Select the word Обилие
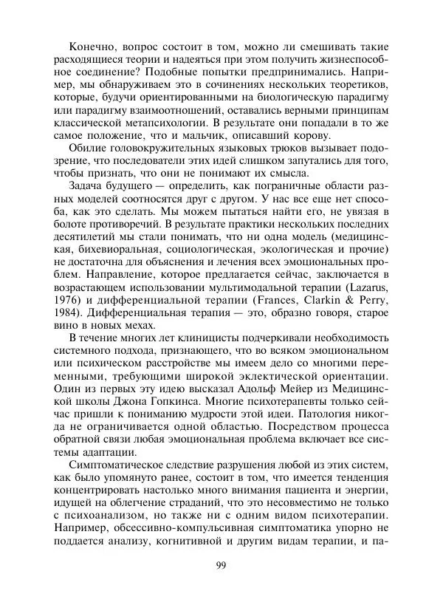(x=87, y=153)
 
